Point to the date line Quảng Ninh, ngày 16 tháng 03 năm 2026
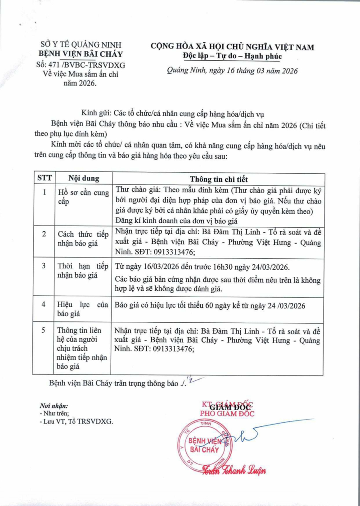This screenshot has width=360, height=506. tap(232, 71)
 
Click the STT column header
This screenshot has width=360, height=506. tap(44, 179)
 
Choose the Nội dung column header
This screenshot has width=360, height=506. tap(84, 179)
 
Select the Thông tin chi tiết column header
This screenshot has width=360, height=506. tap(218, 179)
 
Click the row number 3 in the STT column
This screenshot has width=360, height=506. tap(44, 266)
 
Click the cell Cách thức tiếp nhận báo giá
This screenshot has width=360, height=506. tap(83, 238)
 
